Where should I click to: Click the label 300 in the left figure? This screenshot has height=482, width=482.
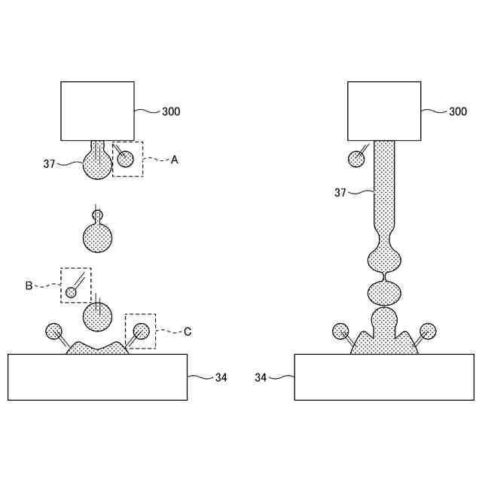tap(171, 111)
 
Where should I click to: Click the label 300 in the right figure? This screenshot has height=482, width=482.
tap(458, 111)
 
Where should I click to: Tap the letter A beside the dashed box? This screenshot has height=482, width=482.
tap(175, 160)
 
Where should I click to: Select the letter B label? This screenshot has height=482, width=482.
tap(29, 285)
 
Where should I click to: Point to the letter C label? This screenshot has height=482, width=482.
tap(188, 331)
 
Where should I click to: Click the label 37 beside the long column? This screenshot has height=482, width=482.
tap(341, 193)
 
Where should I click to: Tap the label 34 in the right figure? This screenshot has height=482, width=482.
tap(261, 377)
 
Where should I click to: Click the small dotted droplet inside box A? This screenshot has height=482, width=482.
tap(125, 159)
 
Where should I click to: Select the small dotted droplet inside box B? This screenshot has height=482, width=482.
tap(72, 292)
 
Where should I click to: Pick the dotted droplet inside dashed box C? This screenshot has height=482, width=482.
tap(141, 330)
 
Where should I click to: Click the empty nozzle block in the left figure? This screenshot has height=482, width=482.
tap(98, 111)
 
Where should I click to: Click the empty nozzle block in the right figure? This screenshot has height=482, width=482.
tap(384, 111)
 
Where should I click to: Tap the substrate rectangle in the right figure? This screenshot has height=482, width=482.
tap(384, 377)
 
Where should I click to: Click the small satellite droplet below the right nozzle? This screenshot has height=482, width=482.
tap(355, 160)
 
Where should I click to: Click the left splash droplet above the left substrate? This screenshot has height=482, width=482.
tap(53, 330)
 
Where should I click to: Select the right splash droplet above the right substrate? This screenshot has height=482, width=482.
tap(428, 330)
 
